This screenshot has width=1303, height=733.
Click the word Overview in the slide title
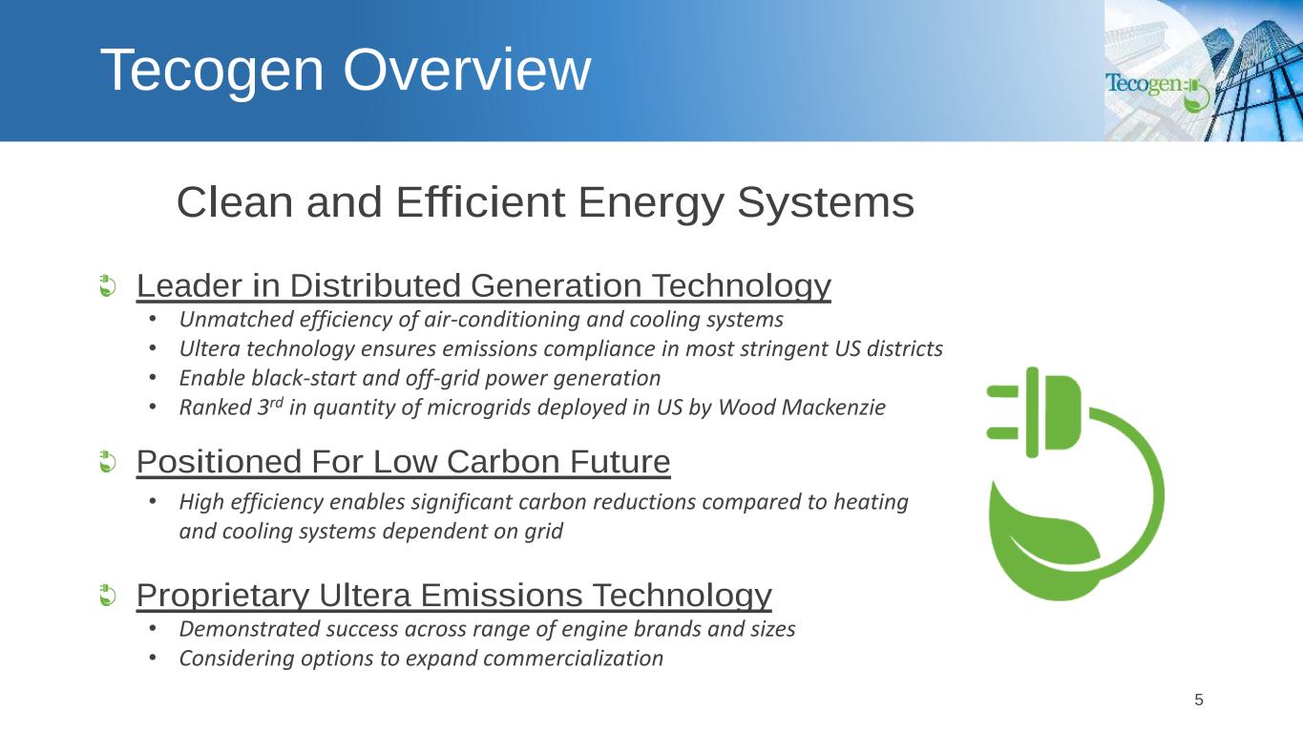[467, 70]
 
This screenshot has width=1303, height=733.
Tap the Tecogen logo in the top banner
[1158, 91]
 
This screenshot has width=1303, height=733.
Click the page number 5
[1198, 700]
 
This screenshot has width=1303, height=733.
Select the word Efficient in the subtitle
[480, 202]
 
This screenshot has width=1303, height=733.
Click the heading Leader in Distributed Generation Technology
[483, 285]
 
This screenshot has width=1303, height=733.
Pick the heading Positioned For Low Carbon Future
[403, 462]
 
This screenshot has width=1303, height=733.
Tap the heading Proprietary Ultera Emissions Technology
[453, 596]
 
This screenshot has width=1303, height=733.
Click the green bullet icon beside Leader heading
[108, 285]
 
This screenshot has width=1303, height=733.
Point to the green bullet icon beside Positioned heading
[108, 462]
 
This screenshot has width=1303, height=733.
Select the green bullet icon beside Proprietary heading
[108, 596]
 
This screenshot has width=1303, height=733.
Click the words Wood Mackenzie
[802, 408]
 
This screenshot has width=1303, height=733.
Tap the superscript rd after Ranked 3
[276, 402]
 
